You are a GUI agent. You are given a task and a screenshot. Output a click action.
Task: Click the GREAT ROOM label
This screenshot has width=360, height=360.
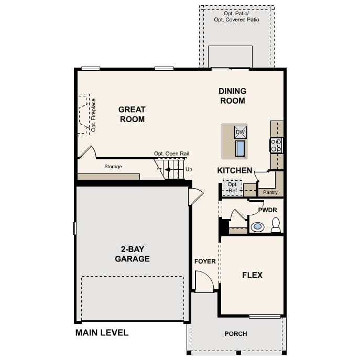point(132,114)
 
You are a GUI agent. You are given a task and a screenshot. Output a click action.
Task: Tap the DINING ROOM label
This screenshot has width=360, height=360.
point(232,96)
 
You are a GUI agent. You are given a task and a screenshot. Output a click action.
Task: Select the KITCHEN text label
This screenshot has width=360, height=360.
point(235,171)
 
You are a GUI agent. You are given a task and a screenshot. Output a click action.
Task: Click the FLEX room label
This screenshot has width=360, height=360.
point(252,275)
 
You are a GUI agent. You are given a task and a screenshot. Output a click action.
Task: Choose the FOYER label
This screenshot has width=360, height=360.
point(205,261)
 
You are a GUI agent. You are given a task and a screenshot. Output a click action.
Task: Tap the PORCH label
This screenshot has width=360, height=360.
point(236,334)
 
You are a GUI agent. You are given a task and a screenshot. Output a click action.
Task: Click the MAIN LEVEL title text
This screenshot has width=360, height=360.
point(102,333)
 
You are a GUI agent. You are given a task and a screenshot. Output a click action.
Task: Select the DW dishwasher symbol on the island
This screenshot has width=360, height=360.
point(240,132)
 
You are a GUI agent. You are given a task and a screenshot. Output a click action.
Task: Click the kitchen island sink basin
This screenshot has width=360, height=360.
point(240,149)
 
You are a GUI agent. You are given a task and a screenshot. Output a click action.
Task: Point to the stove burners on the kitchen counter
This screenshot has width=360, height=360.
point(276,145)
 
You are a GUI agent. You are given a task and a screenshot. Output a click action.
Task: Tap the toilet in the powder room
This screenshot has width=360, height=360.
point(276,226)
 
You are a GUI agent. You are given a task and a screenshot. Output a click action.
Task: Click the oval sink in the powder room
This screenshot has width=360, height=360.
point(257,227)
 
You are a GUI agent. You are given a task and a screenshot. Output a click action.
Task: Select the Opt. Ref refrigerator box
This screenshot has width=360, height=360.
point(232,188)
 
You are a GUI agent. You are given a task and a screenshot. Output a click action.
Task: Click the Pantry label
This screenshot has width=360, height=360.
point(270,192)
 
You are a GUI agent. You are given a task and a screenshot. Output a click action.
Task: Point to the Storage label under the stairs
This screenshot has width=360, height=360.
point(113,167)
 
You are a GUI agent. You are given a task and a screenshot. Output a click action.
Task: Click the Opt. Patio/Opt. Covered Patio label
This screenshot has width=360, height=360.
point(236,16)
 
